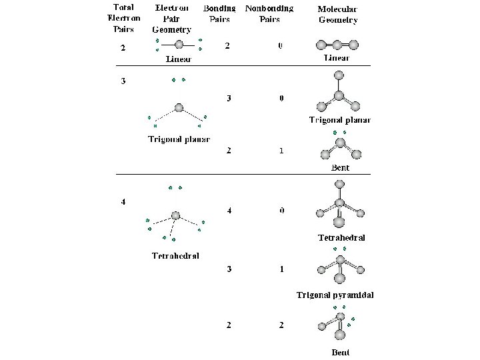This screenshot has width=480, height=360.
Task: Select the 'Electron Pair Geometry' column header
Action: tap(171, 18)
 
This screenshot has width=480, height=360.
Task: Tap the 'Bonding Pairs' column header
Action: tap(219, 13)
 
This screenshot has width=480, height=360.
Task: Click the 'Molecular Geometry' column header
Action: tap(337, 15)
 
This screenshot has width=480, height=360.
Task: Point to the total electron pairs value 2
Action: tap(122, 48)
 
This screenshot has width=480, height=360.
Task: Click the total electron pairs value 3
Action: tap(123, 81)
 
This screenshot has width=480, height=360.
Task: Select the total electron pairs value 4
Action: tap(123, 203)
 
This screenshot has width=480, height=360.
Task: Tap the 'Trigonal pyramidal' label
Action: tap(335, 295)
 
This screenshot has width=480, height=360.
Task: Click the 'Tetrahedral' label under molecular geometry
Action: tap(341, 237)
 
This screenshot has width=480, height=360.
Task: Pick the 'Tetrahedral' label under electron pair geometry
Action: tap(175, 255)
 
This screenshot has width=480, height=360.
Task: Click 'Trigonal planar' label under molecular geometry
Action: tap(339, 120)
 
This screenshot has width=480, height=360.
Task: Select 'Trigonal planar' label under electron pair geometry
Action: tap(179, 139)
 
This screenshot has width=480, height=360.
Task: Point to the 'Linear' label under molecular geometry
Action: tap(337, 58)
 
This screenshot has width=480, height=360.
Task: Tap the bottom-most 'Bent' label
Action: tap(340, 352)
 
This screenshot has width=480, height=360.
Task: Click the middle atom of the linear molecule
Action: tap(338, 45)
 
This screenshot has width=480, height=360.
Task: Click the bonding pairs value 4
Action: tap(229, 211)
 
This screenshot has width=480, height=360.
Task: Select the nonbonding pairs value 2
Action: tap(281, 325)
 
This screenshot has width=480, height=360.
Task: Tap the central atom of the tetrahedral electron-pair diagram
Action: tap(175, 215)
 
